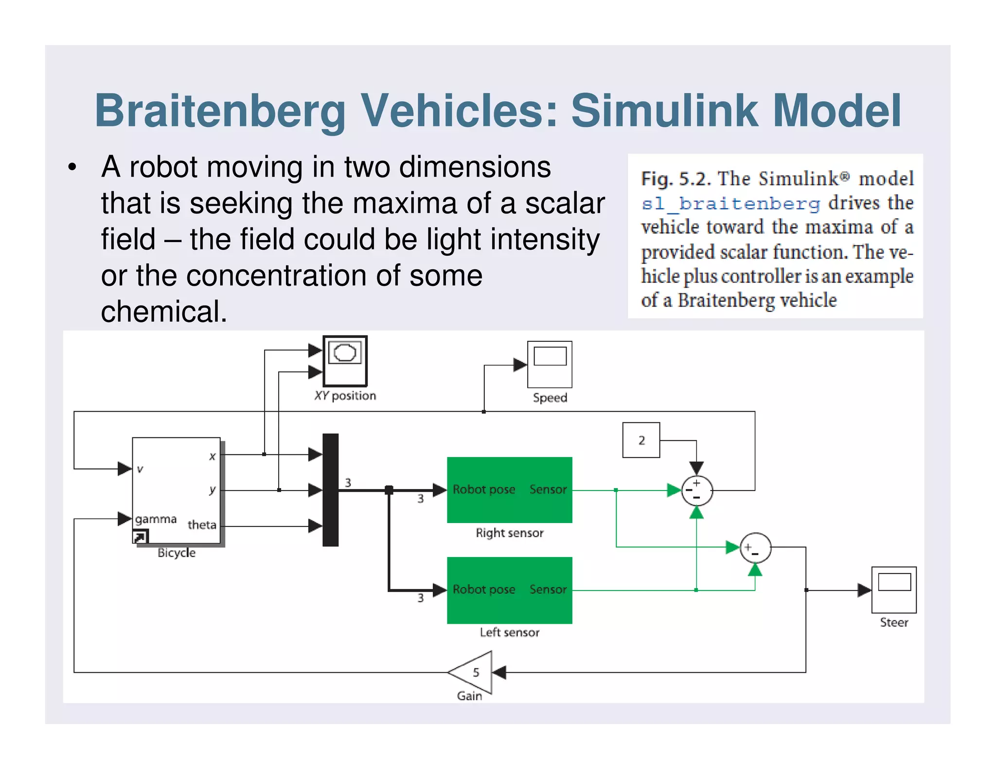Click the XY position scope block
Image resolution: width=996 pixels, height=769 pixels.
tap(345, 361)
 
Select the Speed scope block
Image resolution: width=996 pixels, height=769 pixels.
tap(550, 364)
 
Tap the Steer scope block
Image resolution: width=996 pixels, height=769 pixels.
tap(893, 590)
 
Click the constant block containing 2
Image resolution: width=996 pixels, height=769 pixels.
tap(641, 440)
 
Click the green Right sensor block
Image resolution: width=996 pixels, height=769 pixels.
tap(509, 489)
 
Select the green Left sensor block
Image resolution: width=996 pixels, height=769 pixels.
tap(509, 590)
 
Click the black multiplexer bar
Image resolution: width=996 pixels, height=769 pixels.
tap(330, 489)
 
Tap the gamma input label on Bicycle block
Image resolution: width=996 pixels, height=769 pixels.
tap(156, 519)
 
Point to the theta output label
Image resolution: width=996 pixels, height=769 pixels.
tap(202, 525)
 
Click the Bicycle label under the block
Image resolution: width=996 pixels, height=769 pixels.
tap(177, 553)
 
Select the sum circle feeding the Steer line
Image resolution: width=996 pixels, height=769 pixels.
tap(755, 547)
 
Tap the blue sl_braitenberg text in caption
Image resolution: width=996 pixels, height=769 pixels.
tap(730, 203)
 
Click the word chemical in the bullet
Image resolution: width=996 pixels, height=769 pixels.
tap(164, 312)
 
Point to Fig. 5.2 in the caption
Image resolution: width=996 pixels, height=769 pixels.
tap(676, 179)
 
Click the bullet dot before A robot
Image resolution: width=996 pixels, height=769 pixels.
tap(72, 168)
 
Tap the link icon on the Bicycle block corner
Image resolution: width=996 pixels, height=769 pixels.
tap(140, 537)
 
